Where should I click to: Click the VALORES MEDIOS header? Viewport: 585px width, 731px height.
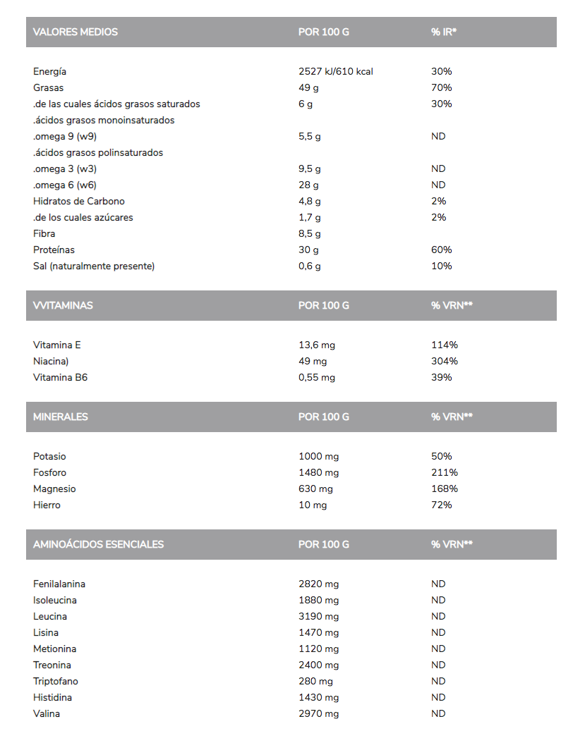(76, 32)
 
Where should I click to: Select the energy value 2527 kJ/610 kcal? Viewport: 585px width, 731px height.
(336, 72)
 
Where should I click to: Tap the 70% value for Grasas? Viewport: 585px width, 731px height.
(441, 88)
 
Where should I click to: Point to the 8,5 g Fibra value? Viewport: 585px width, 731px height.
(310, 234)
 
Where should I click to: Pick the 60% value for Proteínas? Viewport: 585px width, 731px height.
(441, 250)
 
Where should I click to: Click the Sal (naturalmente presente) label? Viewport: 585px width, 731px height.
(94, 266)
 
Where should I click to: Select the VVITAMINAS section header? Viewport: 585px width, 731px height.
(63, 306)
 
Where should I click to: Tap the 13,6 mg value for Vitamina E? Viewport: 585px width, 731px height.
(317, 345)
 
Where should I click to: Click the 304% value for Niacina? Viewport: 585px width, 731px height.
(445, 362)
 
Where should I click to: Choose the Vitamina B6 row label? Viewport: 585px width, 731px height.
(60, 378)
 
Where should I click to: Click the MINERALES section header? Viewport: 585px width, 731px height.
(61, 417)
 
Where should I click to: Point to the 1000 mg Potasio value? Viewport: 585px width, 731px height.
(319, 457)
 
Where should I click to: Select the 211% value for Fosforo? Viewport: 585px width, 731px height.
(445, 473)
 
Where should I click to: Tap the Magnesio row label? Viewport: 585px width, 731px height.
(54, 489)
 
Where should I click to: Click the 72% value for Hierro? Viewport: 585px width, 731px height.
(441, 505)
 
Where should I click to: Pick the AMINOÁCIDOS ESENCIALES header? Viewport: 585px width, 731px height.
(98, 545)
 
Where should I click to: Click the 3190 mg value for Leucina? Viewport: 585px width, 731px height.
(319, 617)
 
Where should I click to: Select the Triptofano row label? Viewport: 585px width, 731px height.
(56, 682)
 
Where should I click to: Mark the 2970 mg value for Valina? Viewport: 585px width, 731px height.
(319, 714)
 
